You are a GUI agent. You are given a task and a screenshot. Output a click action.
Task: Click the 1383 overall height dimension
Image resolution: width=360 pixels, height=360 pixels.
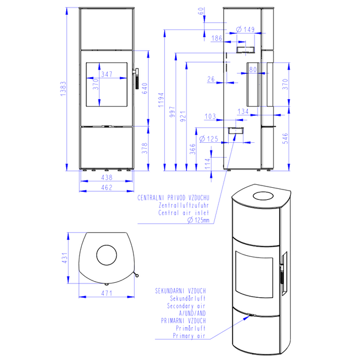pyautogui.click(x=63, y=89)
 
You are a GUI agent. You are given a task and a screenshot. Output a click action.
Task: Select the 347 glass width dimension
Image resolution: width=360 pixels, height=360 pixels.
pyautogui.click(x=107, y=74)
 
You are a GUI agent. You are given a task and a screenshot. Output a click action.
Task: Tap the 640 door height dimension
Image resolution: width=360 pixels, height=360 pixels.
pyautogui.click(x=145, y=88)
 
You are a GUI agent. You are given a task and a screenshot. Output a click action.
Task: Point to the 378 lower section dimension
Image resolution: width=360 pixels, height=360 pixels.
pyautogui.click(x=145, y=148)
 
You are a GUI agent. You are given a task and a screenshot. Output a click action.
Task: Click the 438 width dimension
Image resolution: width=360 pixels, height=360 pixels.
pyautogui.click(x=107, y=177)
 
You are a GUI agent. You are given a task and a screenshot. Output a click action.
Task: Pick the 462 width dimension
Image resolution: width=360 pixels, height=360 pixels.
pyautogui.click(x=107, y=187)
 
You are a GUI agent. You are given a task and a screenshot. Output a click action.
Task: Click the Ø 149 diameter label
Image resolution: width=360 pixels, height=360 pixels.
pyautogui.click(x=245, y=29)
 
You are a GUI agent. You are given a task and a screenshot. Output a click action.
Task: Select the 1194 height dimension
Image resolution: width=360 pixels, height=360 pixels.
pyautogui.click(x=161, y=100)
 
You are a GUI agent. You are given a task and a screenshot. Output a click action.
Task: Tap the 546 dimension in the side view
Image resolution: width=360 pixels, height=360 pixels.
pyautogui.click(x=285, y=138)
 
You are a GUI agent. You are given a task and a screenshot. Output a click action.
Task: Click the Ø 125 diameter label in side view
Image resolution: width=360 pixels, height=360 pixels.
pyautogui.click(x=209, y=139)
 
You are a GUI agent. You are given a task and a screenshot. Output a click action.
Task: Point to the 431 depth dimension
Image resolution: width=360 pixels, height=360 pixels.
pyautogui.click(x=65, y=258)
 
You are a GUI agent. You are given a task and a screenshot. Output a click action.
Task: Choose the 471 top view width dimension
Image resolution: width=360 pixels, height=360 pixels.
pyautogui.click(x=107, y=293)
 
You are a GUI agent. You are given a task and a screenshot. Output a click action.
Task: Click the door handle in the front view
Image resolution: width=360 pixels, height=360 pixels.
pyautogui.click(x=137, y=78)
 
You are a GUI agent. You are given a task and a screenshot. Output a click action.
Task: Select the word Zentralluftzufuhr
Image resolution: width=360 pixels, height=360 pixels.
pyautogui.click(x=184, y=205)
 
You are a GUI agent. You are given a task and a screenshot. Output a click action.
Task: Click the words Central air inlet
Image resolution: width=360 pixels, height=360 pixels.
pyautogui.click(x=184, y=213)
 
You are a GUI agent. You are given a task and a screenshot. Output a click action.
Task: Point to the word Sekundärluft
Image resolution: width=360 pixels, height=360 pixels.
pyautogui.click(x=188, y=298)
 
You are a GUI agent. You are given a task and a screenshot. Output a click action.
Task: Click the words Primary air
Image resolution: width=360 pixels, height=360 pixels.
pyautogui.click(x=189, y=336)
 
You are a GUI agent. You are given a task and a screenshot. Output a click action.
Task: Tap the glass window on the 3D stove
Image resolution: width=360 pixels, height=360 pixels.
pyautogui.click(x=254, y=274)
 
